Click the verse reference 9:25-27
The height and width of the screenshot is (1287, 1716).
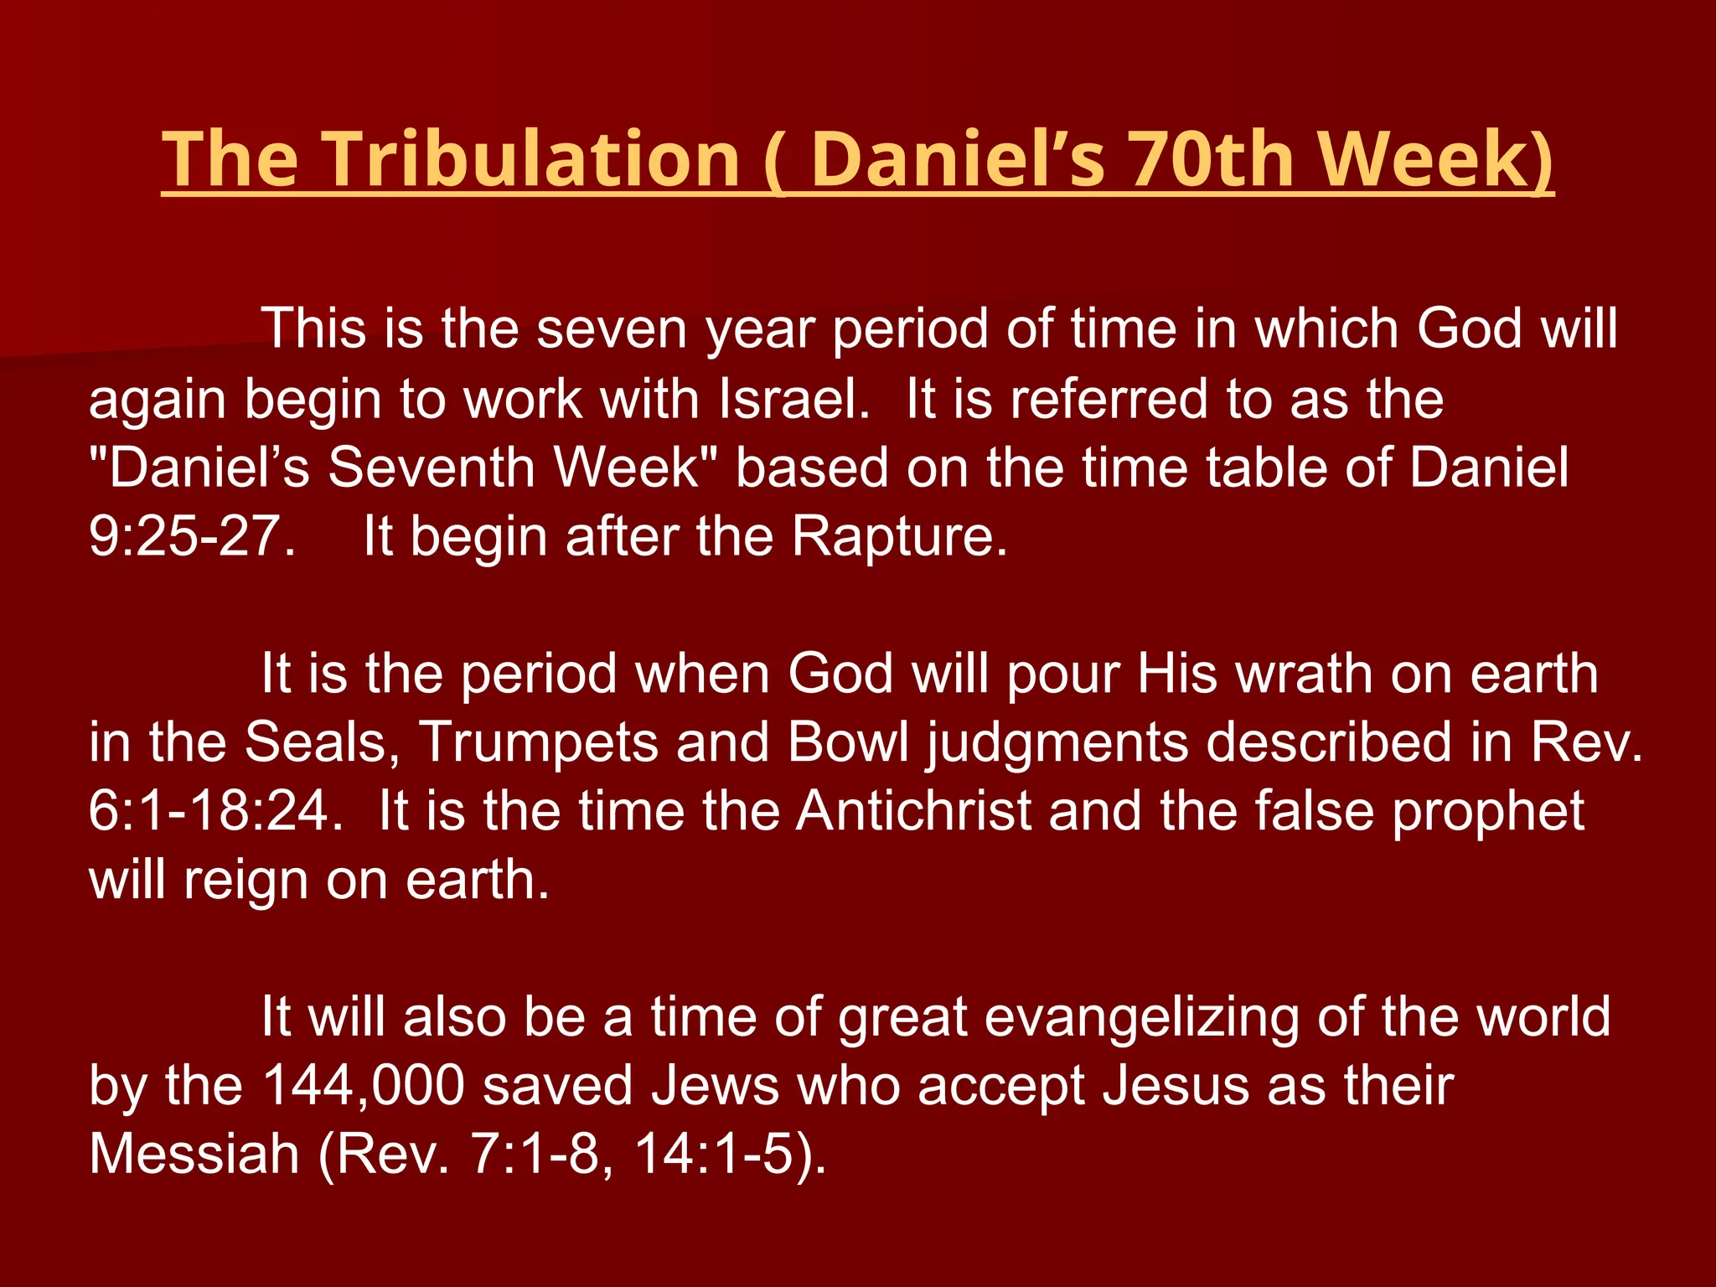192,536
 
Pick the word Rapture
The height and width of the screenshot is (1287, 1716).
899,536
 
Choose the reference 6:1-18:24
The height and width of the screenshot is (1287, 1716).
215,811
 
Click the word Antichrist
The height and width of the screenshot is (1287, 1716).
914,811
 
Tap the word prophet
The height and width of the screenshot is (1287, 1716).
1488,811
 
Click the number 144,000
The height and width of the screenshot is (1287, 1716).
363,1086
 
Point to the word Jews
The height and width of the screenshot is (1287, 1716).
715,1086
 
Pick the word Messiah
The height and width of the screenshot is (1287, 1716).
194,1155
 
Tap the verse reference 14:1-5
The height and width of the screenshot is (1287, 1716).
721,1155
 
